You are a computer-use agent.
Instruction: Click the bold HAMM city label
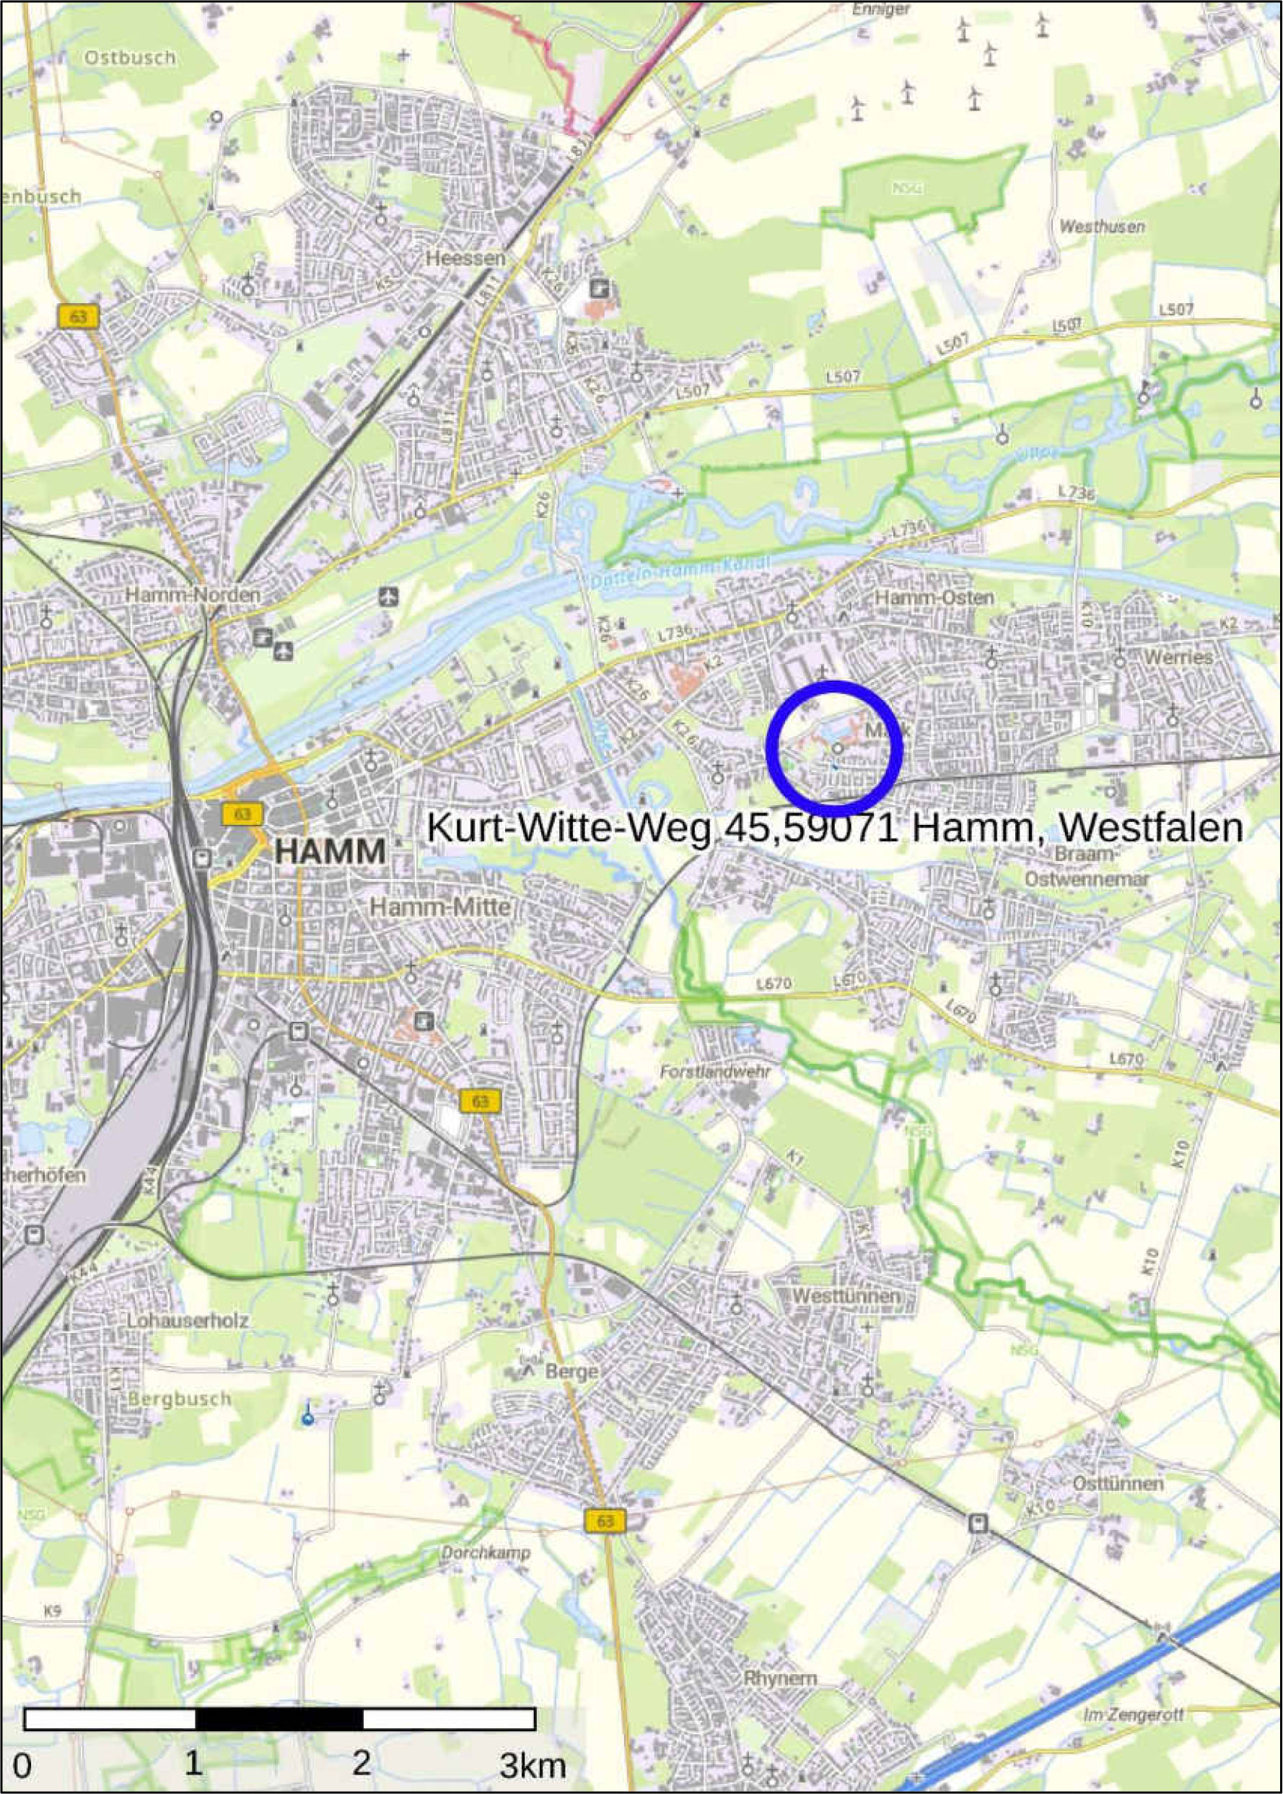[330, 852]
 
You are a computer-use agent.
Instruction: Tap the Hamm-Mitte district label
[440, 908]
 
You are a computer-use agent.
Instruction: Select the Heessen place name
[465, 258]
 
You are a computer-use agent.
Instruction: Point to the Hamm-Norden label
[192, 595]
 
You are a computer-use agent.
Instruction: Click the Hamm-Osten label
[934, 598]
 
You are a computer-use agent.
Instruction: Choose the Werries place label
[1177, 657]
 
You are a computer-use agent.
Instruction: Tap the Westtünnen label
[846, 1296]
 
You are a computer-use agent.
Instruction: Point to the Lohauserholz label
[188, 1321]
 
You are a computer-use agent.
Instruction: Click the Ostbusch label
[130, 58]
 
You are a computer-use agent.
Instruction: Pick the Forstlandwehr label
[715, 1072]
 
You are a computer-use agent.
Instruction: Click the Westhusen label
[1101, 227]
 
